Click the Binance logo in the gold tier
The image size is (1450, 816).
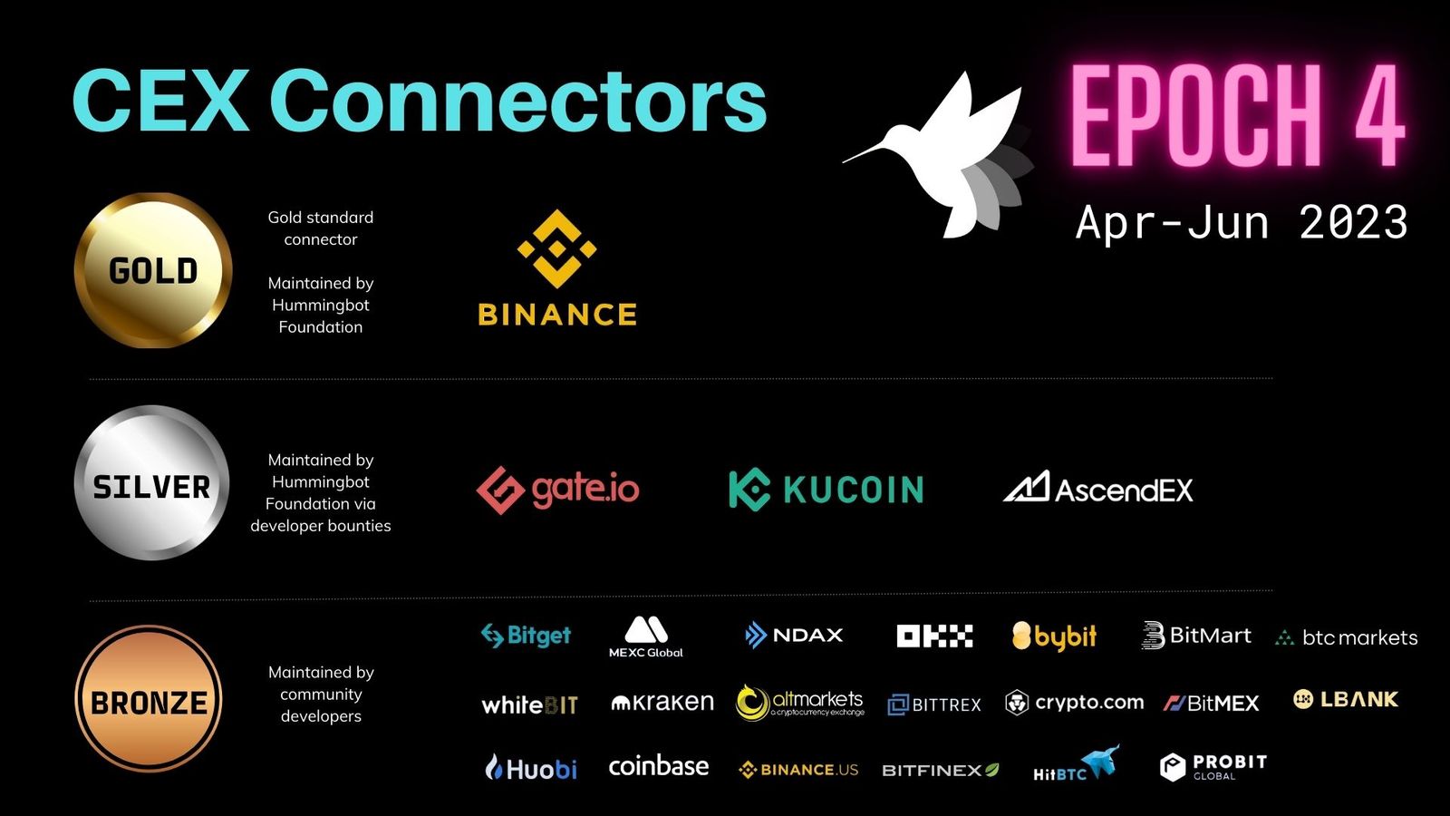pos(557,267)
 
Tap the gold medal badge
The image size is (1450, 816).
pos(153,270)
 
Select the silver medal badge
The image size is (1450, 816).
pos(152,482)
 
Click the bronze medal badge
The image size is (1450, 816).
pos(150,699)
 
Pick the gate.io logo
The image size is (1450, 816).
pos(557,490)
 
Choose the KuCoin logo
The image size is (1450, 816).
pos(826,490)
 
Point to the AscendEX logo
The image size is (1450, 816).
pos(1098,488)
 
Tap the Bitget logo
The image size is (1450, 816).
pos(526,636)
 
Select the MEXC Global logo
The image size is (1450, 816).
pos(646,637)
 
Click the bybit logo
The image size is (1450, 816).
pos(1054,636)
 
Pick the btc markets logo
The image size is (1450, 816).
pos(1347,637)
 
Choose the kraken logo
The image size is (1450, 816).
pos(662,703)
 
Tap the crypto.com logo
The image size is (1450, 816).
pos(1075,703)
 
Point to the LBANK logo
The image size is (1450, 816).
pos(1346,699)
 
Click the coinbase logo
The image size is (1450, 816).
pos(659,766)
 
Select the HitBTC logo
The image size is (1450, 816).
pos(1077,764)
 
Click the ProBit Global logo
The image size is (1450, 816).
pos(1213,767)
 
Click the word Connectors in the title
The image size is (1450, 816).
pos(518,101)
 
